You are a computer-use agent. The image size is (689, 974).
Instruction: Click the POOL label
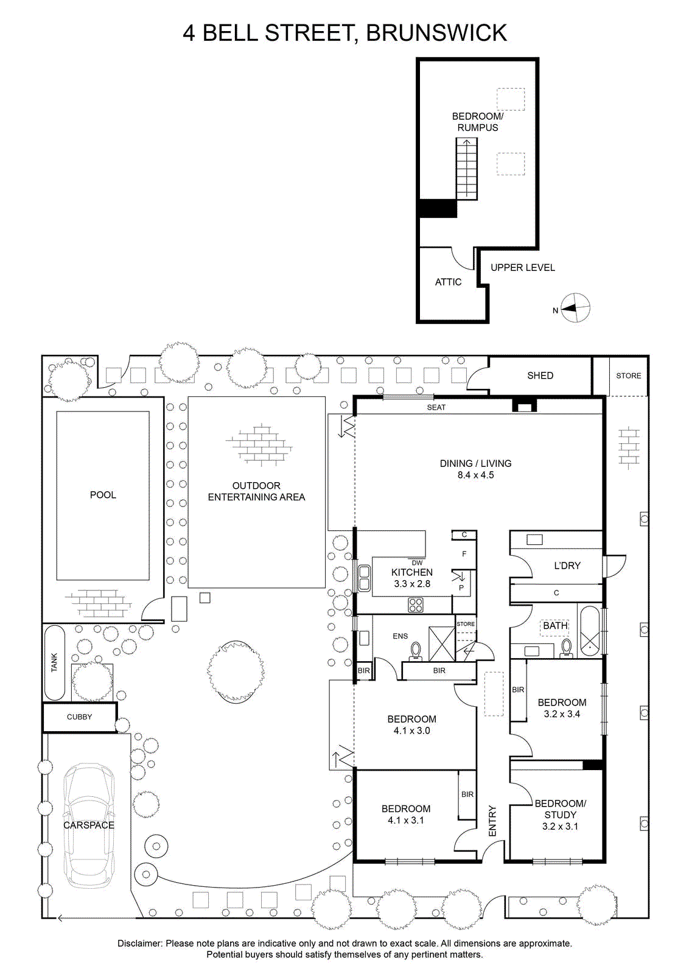click(x=103, y=495)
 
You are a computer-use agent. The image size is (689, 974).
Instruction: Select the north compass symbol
click(x=575, y=308)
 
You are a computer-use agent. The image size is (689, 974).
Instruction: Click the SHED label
click(x=540, y=376)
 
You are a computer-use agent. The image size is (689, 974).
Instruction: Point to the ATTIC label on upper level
click(x=448, y=282)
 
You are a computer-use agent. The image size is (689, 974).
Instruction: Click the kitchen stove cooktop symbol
click(x=416, y=605)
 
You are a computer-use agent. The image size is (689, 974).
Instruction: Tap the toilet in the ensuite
click(x=416, y=651)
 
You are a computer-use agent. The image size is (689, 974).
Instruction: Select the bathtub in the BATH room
click(x=589, y=631)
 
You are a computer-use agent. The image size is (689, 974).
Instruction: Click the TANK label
click(x=54, y=662)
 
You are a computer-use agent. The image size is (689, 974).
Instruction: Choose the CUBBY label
click(x=79, y=717)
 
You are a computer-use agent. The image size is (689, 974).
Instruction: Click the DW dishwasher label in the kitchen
click(x=417, y=562)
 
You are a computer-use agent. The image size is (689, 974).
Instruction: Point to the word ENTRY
click(x=492, y=821)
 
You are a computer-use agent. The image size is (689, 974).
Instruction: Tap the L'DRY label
click(x=567, y=566)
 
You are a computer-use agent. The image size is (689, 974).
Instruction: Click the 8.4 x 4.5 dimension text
click(x=475, y=475)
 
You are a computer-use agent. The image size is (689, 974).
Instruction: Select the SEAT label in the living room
click(x=436, y=407)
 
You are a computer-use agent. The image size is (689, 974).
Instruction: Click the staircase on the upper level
click(x=466, y=169)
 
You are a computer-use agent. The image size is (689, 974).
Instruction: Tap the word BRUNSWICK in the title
click(x=436, y=33)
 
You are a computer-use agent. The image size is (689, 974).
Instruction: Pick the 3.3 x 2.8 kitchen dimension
click(x=412, y=584)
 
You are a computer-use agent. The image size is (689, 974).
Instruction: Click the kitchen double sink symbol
click(x=364, y=578)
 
